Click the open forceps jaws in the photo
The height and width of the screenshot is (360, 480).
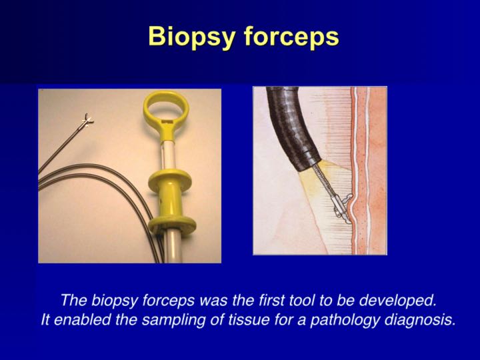tap(85, 121)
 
